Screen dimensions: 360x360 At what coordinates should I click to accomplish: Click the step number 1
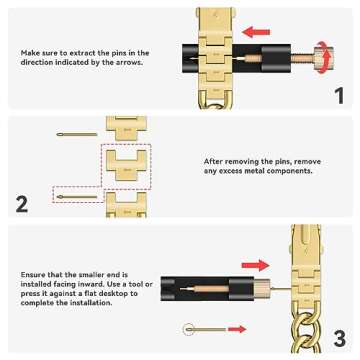339,96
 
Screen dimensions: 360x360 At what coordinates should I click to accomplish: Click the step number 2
22,205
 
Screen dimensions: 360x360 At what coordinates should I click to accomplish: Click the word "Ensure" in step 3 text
34,271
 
